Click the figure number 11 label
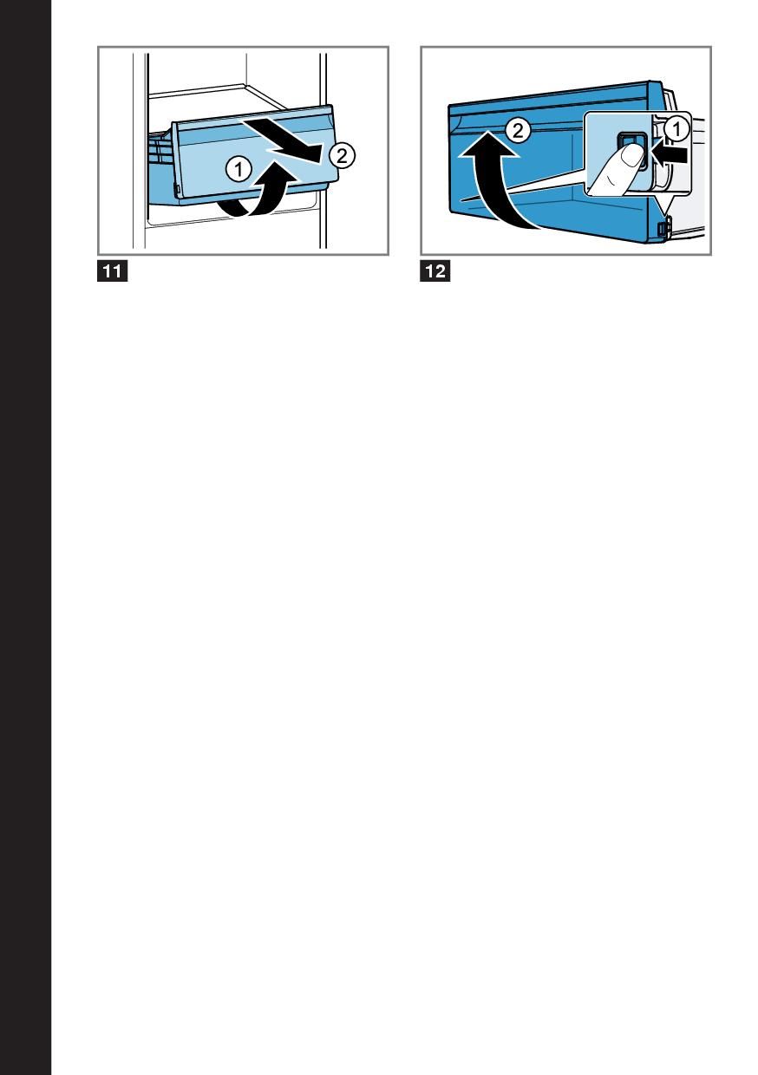[113, 271]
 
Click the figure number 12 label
[435, 271]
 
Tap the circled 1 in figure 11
[239, 169]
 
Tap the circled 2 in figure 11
[342, 155]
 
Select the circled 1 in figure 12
[676, 129]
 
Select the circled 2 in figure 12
[518, 131]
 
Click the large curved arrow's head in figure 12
[487, 144]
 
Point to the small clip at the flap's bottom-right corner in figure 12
[665, 226]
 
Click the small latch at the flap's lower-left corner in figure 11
[177, 190]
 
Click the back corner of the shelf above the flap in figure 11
[245, 86]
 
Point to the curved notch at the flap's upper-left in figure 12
[456, 124]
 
